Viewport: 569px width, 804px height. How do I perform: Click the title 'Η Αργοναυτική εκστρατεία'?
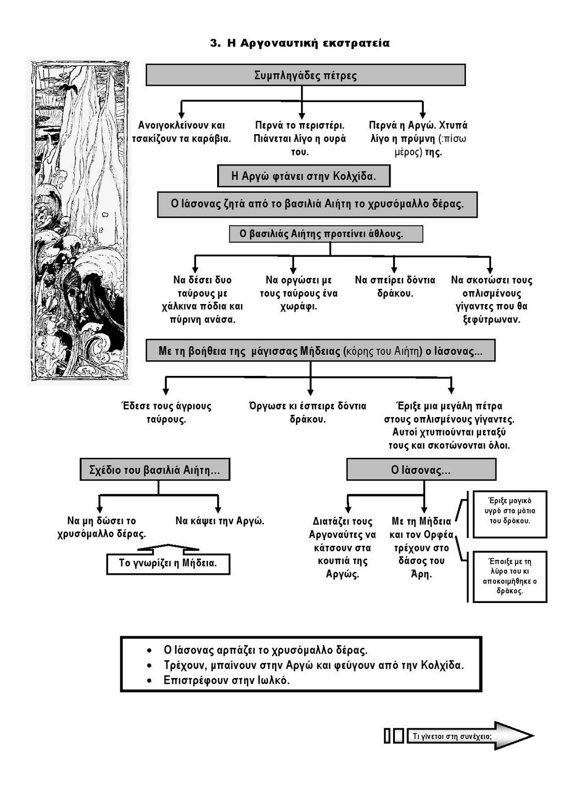click(300, 43)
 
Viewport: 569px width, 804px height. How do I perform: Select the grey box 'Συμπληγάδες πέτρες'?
click(305, 75)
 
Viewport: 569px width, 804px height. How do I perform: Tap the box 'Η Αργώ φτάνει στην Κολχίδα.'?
click(304, 176)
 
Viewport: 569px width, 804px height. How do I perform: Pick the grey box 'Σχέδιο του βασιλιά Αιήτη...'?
click(155, 470)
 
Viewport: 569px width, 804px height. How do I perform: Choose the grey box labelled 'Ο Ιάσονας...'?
click(421, 470)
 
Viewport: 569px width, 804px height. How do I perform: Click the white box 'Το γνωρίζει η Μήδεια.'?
click(168, 563)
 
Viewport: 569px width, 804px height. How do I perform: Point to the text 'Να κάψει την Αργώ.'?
click(220, 521)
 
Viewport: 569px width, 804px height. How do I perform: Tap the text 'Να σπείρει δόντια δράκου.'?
click(395, 286)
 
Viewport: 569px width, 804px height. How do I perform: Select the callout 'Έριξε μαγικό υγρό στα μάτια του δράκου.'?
click(510, 511)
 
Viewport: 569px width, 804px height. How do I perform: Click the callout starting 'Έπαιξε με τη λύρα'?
click(510, 576)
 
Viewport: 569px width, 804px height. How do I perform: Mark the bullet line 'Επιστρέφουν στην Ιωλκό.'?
click(227, 680)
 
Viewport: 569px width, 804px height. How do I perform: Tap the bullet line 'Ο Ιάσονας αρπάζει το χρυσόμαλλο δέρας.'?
click(265, 650)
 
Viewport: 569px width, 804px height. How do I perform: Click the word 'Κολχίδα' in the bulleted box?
click(442, 665)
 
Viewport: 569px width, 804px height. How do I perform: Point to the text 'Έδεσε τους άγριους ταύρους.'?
click(166, 413)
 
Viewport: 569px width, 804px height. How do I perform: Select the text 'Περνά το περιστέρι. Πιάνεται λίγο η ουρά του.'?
click(300, 139)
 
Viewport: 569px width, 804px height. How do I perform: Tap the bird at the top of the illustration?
click(69, 88)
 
